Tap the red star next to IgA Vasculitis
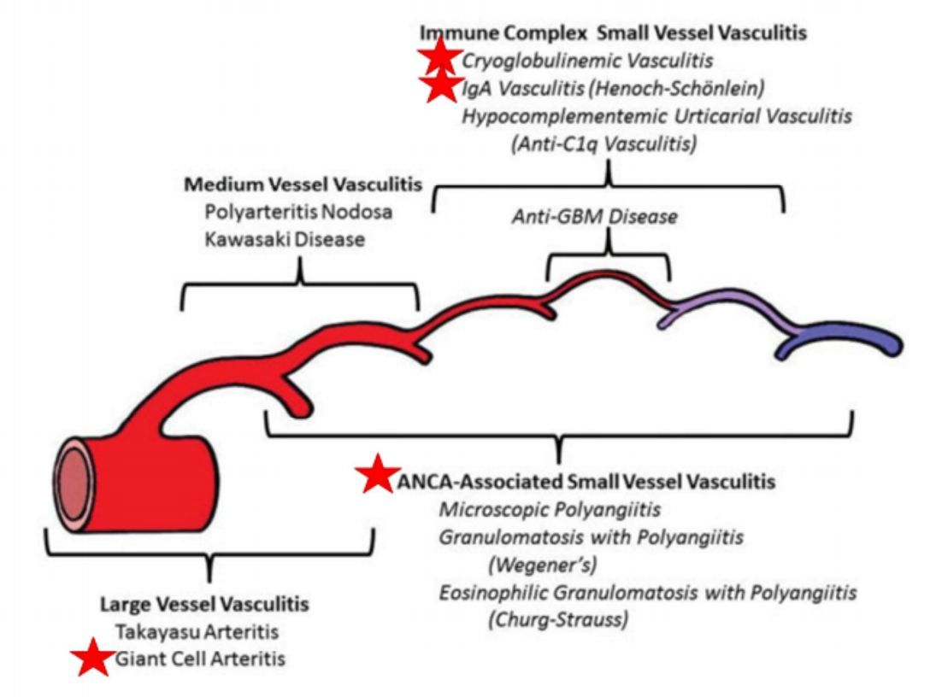click(440, 86)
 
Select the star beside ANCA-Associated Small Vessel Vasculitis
click(377, 475)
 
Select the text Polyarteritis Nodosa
click(299, 212)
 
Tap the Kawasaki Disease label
click(285, 240)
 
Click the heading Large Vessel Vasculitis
click(204, 604)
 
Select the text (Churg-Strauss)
click(557, 618)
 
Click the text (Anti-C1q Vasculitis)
click(603, 143)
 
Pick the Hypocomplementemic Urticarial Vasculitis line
click(656, 115)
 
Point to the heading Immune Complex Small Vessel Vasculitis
click(614, 33)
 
